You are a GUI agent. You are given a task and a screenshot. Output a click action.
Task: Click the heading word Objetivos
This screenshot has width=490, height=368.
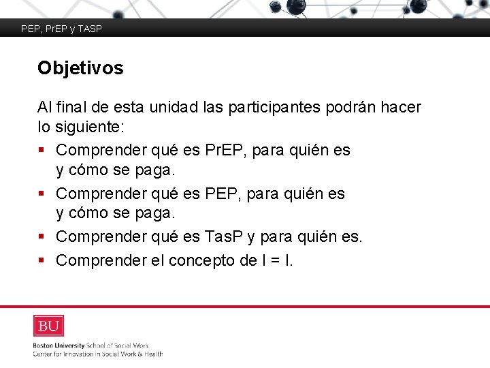tap(80, 68)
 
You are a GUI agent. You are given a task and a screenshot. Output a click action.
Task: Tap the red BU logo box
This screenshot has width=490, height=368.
tap(48, 326)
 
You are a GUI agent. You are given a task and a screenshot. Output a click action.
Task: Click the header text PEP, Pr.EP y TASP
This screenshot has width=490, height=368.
tap(61, 29)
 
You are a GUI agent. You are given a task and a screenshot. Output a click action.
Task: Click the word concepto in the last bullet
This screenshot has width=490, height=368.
tap(199, 260)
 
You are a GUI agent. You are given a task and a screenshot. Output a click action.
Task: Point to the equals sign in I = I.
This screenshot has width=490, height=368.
tap(271, 260)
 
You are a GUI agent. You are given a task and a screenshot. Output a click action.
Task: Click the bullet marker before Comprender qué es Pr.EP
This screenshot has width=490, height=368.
tap(42, 150)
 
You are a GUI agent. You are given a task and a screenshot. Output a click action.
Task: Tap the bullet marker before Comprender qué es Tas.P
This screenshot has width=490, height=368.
tap(42, 237)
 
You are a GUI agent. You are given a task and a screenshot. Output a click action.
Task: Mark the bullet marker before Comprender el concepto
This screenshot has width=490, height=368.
tap(42, 260)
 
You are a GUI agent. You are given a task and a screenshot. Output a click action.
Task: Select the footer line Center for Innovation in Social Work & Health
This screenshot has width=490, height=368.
tap(97, 354)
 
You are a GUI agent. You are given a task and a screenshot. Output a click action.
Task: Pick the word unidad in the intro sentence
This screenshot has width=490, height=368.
tap(169, 108)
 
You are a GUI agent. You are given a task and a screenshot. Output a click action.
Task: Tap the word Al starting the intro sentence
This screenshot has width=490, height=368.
tap(44, 108)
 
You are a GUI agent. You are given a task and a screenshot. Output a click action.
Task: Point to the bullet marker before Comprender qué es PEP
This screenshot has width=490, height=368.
tap(42, 194)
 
